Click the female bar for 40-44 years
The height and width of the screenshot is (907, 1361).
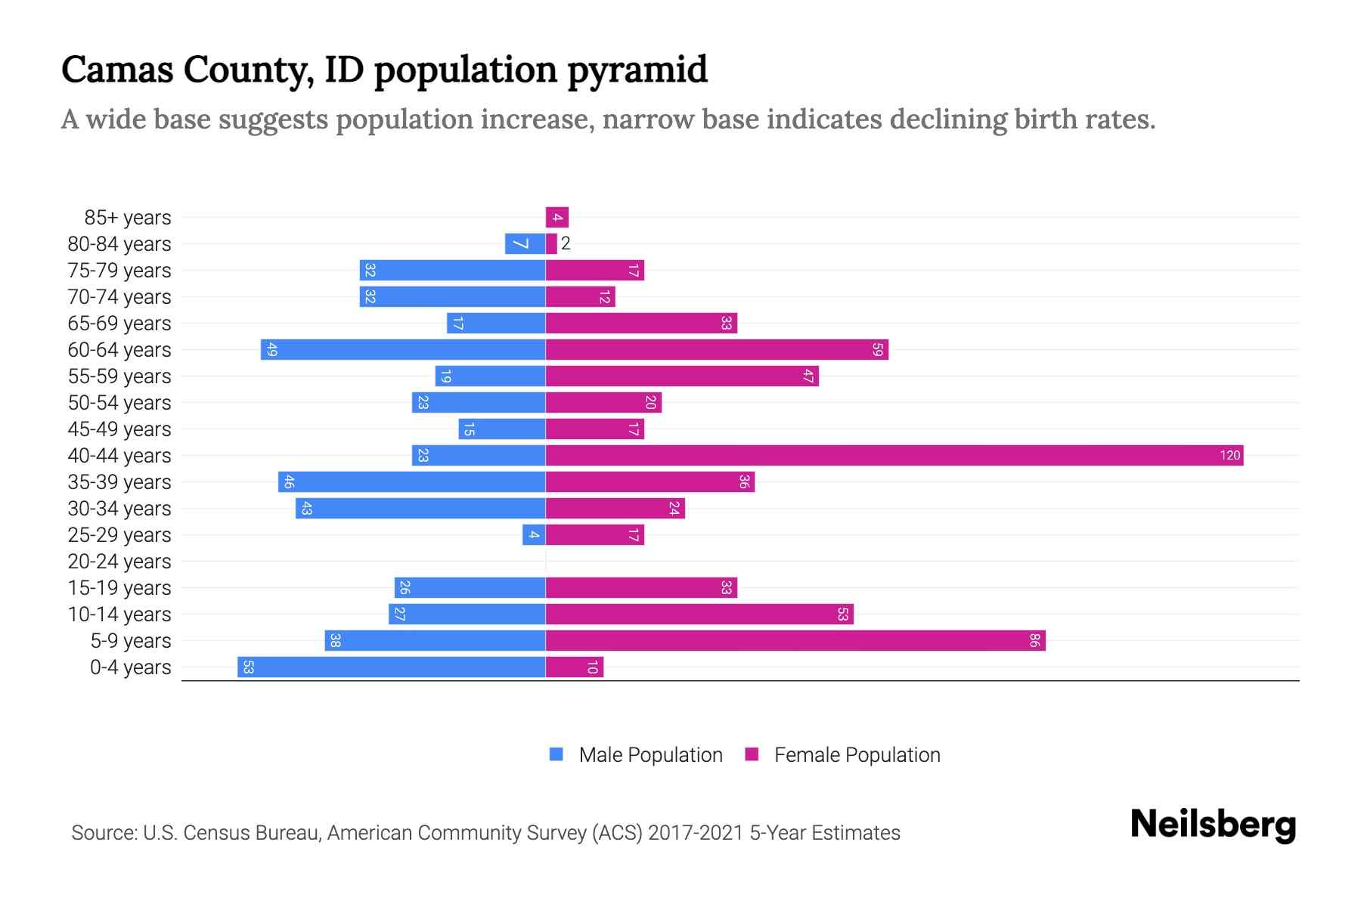coord(892,455)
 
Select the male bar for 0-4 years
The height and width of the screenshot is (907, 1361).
coord(391,667)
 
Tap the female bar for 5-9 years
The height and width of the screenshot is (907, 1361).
coord(794,640)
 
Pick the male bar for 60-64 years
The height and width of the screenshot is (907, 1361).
coord(403,349)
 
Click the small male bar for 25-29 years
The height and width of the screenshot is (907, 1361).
coord(534,534)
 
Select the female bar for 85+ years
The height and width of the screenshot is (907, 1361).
coord(557,218)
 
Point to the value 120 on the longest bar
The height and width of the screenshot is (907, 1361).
coord(1229,455)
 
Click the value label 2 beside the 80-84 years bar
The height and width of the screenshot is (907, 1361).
coord(566,243)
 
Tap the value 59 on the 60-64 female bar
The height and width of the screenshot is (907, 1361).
coord(877,349)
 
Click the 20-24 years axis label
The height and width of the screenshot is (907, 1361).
coord(119,562)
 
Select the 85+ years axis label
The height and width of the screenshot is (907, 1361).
coord(128,218)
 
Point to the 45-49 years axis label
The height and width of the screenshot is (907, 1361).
coord(119,429)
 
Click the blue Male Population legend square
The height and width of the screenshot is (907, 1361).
coord(556,754)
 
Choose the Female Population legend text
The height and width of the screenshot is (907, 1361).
coord(857,754)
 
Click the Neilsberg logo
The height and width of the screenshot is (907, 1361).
coord(1213,824)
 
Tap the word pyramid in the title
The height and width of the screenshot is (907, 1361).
coord(637,70)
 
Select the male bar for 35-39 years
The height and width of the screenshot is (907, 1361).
coord(412,481)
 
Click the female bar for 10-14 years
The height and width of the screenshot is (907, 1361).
coord(699,614)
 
